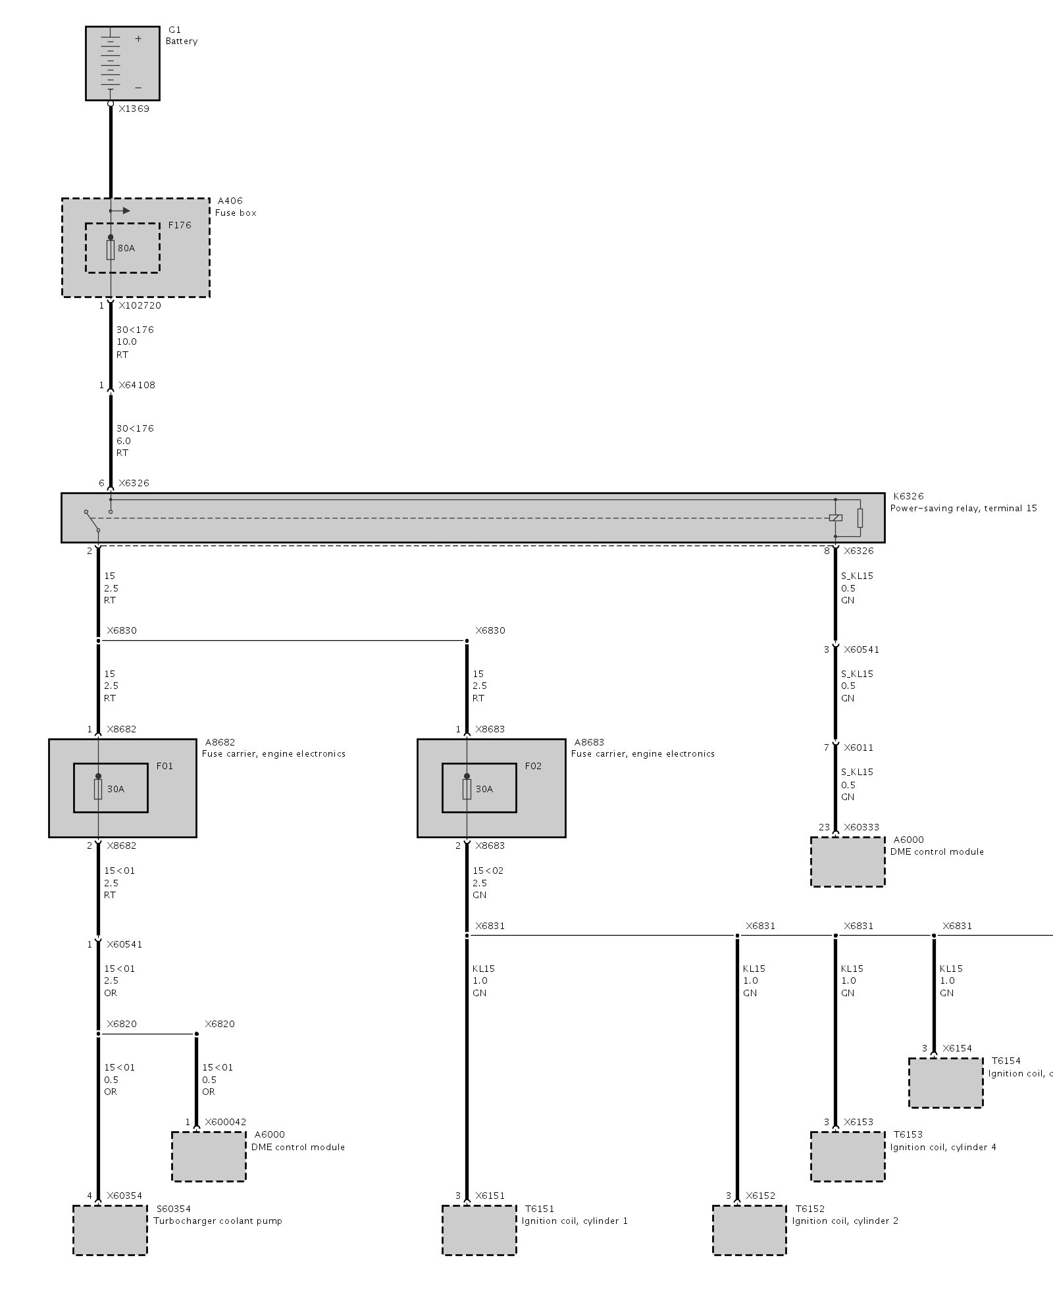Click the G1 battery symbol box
[122, 63]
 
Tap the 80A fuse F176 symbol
[111, 250]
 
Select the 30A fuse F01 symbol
[98, 789]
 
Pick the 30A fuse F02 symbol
[467, 789]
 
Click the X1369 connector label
[134, 109]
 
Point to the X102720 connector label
[140, 306]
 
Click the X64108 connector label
[137, 386]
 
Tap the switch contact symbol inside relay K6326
[92, 520]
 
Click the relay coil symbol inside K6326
[836, 518]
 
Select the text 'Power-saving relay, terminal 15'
[963, 509]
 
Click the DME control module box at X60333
[848, 862]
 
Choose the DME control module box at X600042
[209, 1157]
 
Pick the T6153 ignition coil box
[848, 1157]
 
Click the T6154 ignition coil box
[946, 1083]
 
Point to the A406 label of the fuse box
[230, 201]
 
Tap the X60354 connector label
[124, 1196]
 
